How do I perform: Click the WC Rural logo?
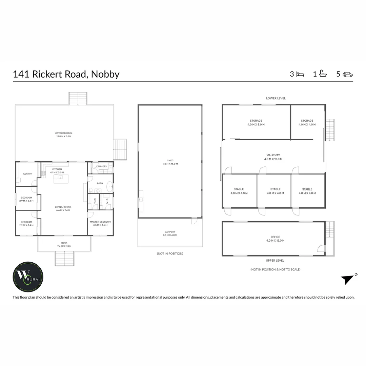pos(28,277)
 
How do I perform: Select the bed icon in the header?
pos(300,74)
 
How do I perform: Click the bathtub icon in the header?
pos(323,74)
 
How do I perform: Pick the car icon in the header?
pos(348,74)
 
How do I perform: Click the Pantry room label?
pos(27,174)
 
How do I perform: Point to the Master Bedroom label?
pos(100,222)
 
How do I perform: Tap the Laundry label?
pos(102,166)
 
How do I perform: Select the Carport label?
pos(170,232)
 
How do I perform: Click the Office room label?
pos(276,237)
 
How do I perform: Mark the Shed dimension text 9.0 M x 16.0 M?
pos(170,164)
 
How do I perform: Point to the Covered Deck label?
pos(64,133)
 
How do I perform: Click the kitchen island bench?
pos(61,179)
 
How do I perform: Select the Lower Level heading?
pos(276,98)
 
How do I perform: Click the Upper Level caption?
pos(275,261)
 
